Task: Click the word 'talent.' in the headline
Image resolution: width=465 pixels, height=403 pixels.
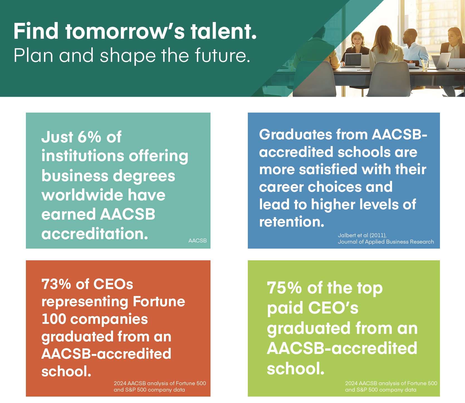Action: pos(224,31)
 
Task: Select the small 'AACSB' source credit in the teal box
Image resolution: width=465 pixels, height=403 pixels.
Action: pos(197,241)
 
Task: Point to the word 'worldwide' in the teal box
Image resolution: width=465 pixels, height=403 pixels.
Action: pos(82,195)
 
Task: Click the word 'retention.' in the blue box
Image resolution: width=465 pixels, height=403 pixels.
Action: pos(292,222)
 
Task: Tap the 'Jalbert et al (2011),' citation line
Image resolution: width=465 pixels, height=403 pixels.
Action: pos(362,235)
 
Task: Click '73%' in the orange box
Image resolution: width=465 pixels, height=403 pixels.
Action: pos(56,284)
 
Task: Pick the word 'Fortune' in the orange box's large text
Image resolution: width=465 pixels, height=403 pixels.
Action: pos(159,302)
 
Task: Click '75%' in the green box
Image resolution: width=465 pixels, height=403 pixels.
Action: pos(284,288)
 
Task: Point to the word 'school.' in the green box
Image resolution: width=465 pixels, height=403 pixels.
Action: pos(296,369)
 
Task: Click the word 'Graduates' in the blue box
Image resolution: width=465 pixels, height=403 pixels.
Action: pos(295,135)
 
